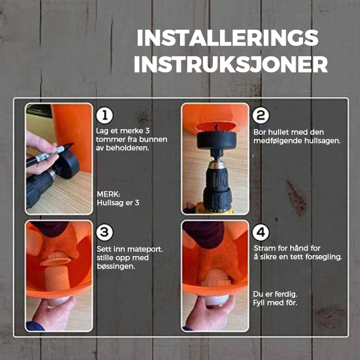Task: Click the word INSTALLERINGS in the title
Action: (x=228, y=38)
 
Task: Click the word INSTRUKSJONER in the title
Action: (x=231, y=64)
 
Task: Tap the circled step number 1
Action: (x=105, y=115)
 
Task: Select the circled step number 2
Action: (x=261, y=116)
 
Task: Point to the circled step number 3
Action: (x=105, y=232)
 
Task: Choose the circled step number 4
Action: (x=261, y=232)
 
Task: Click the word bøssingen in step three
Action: (x=116, y=266)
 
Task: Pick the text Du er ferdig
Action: (x=275, y=294)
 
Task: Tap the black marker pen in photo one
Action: (x=49, y=154)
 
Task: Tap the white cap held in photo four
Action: (x=217, y=300)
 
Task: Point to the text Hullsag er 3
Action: (x=118, y=203)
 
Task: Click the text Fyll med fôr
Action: (x=275, y=302)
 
